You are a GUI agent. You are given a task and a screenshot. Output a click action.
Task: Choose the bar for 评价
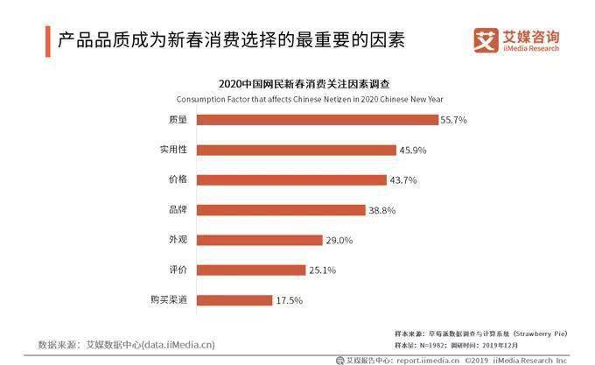click(x=238, y=270)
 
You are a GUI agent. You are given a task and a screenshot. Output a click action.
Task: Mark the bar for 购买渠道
click(x=222, y=300)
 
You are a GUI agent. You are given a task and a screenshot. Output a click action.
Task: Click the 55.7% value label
click(x=453, y=120)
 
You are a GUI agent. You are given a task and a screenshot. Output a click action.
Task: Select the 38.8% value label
click(x=382, y=210)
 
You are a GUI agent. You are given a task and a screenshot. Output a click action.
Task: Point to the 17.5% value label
click(x=289, y=300)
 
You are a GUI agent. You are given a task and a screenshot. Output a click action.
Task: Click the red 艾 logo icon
click(x=485, y=40)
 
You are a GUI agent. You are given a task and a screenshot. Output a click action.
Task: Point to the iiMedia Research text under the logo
click(x=530, y=49)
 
